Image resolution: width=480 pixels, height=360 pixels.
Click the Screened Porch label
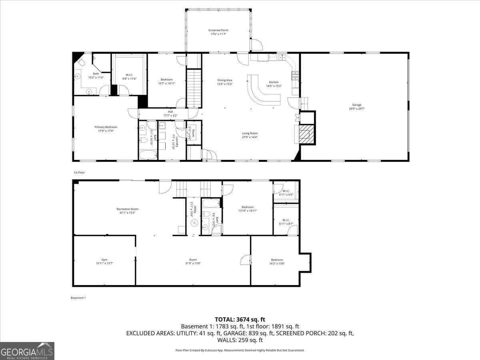218,30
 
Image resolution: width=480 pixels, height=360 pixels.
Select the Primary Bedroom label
106,127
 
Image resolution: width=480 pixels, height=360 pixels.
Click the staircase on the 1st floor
194,88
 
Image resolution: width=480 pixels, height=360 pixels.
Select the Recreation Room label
127,209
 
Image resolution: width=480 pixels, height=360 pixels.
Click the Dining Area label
224,80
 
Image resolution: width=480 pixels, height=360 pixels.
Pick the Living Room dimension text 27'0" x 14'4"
250,137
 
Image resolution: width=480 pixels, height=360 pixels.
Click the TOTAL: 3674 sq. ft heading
240,319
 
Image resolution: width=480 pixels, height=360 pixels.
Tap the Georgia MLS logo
27,351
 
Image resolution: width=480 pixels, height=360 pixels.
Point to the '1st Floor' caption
79,172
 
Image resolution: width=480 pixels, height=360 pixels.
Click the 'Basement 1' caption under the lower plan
78,298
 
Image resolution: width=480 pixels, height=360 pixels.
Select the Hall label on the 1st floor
170,112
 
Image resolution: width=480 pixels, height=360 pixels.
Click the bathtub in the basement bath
210,204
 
